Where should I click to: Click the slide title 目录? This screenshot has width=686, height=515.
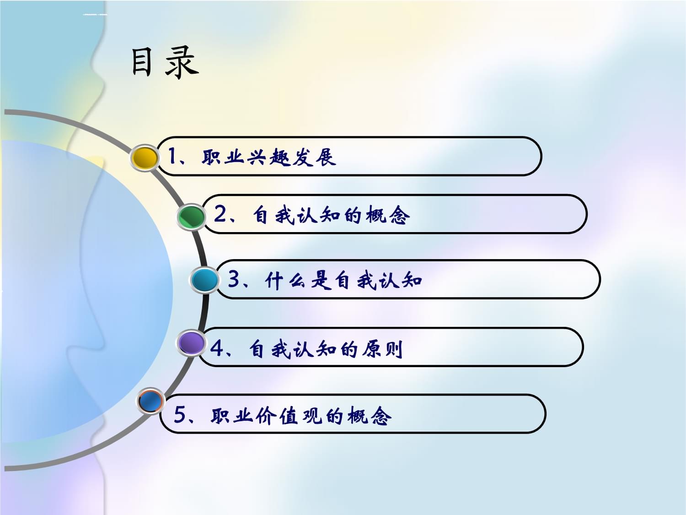[165, 63]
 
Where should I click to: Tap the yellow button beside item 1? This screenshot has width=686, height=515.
[145, 158]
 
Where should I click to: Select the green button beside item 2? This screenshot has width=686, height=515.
[191, 217]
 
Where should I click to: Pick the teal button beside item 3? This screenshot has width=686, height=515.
[204, 280]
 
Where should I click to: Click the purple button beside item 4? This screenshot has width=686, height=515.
[191, 343]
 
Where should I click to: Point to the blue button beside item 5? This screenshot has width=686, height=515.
[150, 401]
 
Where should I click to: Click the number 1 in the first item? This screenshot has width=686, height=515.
[172, 157]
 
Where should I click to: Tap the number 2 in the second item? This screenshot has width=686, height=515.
[220, 214]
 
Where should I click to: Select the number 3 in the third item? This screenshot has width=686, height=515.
[234, 279]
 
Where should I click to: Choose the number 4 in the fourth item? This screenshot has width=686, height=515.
[217, 349]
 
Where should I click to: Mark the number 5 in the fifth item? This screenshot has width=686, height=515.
[180, 415]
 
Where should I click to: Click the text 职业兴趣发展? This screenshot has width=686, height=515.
[269, 157]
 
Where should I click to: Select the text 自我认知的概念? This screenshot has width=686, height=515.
[331, 215]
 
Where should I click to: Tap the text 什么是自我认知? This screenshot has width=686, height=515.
[343, 280]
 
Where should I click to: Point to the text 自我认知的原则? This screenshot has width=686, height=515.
[326, 349]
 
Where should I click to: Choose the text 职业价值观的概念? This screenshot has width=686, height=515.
[301, 416]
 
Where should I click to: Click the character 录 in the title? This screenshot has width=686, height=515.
[182, 63]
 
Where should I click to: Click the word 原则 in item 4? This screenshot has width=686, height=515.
[382, 349]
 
